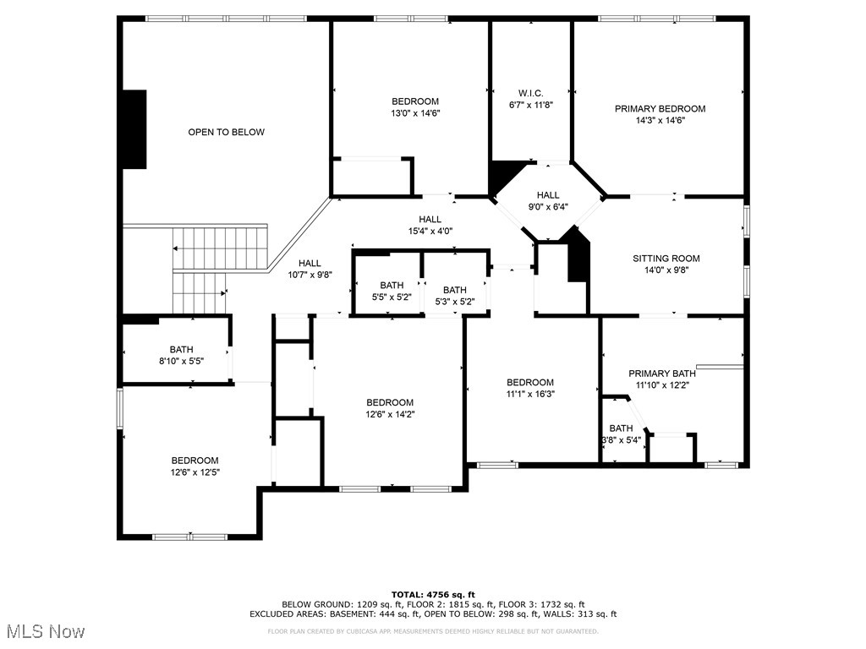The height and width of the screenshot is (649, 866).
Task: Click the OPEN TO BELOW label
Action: (x=226, y=132)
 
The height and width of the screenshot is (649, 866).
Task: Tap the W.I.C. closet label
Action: (x=530, y=93)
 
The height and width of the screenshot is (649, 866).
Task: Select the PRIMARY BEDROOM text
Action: (x=660, y=108)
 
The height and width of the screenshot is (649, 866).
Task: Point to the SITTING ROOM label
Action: (x=666, y=259)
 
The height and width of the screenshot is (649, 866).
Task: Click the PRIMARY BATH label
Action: (x=661, y=374)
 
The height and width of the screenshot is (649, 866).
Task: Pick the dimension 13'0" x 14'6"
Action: (x=414, y=113)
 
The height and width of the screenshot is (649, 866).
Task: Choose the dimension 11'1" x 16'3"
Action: (x=530, y=394)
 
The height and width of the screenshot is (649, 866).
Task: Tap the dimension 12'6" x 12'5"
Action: (x=195, y=472)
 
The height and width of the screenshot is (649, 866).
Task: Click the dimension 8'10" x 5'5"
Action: (x=181, y=361)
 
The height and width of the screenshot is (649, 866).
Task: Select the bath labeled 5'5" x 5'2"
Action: (x=392, y=297)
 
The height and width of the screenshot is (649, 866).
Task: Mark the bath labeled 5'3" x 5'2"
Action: (x=454, y=302)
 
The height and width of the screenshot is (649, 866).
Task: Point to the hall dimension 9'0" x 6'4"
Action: (x=548, y=206)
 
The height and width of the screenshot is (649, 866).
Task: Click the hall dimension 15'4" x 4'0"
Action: (x=430, y=231)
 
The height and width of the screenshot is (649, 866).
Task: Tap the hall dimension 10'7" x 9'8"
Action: (x=309, y=275)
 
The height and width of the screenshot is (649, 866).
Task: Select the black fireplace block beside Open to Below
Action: (x=134, y=128)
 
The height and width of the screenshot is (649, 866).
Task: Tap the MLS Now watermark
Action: (x=45, y=631)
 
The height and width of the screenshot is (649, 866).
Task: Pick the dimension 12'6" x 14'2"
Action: (x=390, y=414)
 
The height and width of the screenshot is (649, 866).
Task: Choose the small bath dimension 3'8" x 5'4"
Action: (x=621, y=439)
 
